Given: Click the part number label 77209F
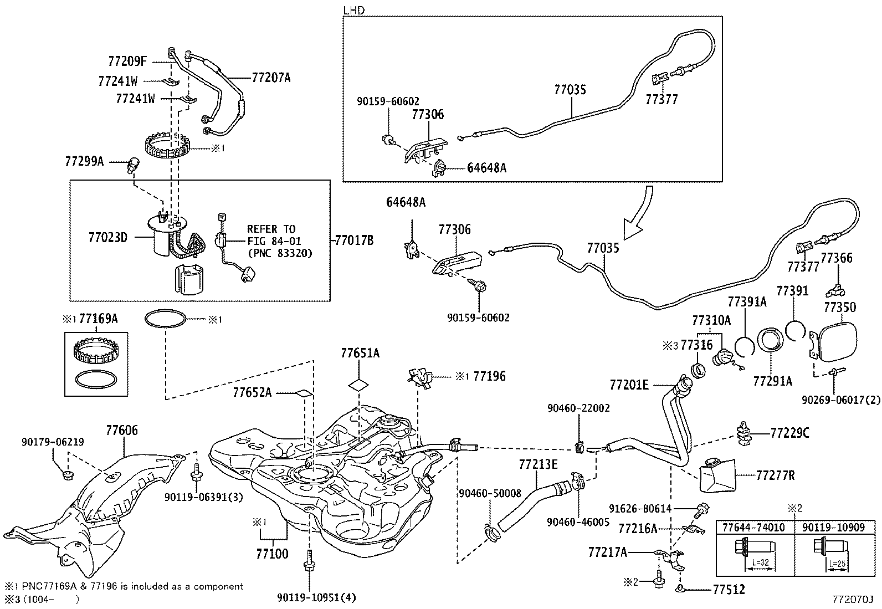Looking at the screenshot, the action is (x=127, y=61).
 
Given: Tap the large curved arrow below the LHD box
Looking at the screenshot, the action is (x=639, y=213).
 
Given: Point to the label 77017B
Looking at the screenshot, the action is (x=355, y=240).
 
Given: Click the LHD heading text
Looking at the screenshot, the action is (x=353, y=11).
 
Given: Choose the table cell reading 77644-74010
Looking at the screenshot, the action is (x=753, y=528).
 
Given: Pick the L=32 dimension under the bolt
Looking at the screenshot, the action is (x=760, y=562).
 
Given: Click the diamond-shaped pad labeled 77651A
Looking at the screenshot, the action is (x=358, y=385).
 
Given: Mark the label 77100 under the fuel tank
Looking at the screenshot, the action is (x=272, y=554).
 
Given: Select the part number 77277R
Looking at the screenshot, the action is (x=775, y=475).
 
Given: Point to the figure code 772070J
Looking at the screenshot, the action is (x=853, y=599).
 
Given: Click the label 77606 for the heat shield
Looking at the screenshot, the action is (x=122, y=430).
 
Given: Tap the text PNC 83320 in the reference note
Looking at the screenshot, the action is (x=280, y=253).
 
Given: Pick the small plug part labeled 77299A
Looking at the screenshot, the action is (x=134, y=165).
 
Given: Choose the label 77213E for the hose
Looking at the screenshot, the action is (x=539, y=464).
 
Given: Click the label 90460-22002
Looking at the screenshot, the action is (x=578, y=408).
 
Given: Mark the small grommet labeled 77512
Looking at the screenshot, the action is (x=680, y=589).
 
